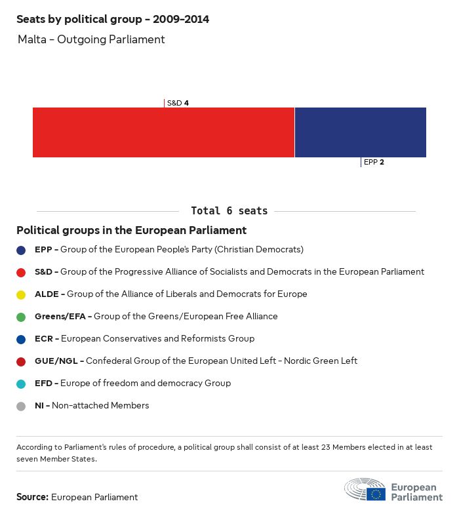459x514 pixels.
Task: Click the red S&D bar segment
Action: pyautogui.click(x=163, y=132)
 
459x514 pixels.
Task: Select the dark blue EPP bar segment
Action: pyautogui.click(x=361, y=132)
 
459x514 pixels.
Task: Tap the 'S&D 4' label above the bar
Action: pyautogui.click(x=178, y=103)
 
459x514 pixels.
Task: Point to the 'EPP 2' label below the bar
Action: pyautogui.click(x=374, y=162)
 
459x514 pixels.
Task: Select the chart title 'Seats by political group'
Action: pyautogui.click(x=113, y=19)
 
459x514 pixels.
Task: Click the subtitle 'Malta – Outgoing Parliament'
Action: pyautogui.click(x=91, y=39)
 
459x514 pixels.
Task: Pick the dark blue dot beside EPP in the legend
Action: pyautogui.click(x=21, y=250)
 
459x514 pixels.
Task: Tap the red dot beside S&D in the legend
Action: pyautogui.click(x=21, y=272)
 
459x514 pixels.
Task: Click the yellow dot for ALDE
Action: pyautogui.click(x=21, y=294)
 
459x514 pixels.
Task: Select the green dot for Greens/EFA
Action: pyautogui.click(x=21, y=317)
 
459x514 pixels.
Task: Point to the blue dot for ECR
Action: pyautogui.click(x=21, y=339)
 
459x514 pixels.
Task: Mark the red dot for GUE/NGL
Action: pyautogui.click(x=21, y=361)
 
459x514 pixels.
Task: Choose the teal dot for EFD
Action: pyautogui.click(x=21, y=384)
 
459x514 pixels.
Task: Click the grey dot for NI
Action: pyautogui.click(x=21, y=406)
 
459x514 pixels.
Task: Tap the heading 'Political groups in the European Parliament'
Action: pyautogui.click(x=131, y=230)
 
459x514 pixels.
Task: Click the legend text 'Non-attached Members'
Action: pyautogui.click(x=100, y=406)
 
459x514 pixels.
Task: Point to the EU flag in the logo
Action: pyautogui.click(x=376, y=494)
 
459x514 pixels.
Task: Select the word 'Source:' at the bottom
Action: pyautogui.click(x=32, y=497)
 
